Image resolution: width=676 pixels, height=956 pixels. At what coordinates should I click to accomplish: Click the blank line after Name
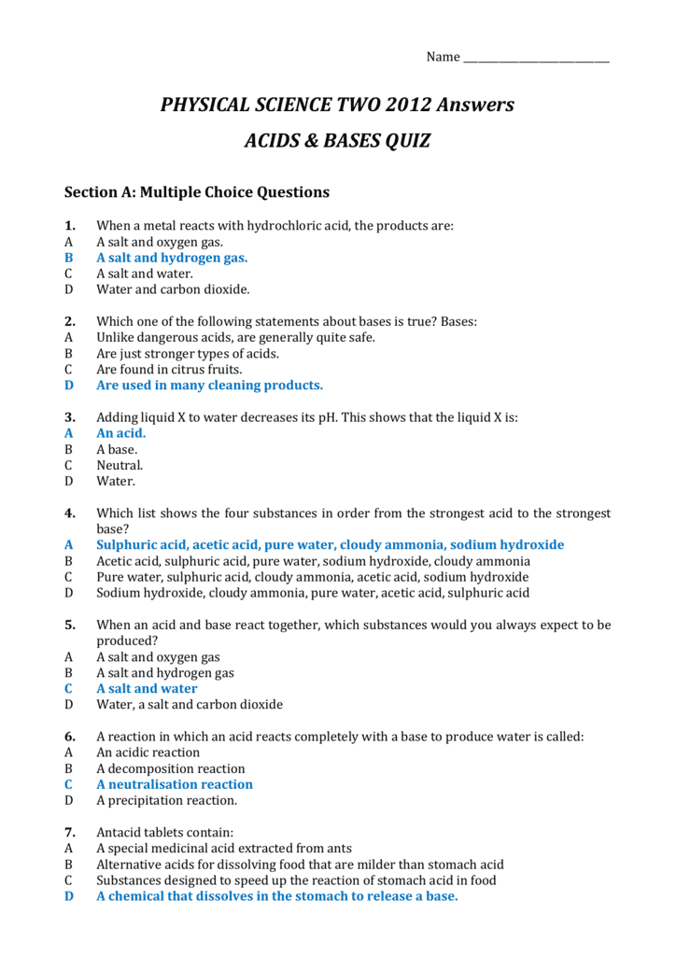point(536,59)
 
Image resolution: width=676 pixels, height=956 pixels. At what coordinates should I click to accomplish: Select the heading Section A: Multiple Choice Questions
point(197,192)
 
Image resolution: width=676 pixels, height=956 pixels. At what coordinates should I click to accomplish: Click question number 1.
point(70,226)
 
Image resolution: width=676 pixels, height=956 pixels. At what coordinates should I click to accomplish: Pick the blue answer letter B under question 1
point(68,258)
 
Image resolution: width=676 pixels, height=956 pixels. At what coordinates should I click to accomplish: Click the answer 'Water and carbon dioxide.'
point(174,289)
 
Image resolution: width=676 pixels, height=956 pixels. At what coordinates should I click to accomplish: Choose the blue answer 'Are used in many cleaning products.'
point(210,385)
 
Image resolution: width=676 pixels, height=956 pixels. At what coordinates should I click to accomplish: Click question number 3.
point(70,417)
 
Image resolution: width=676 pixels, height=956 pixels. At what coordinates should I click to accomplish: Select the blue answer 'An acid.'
point(121,433)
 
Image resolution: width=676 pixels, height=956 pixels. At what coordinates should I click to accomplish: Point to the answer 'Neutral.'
point(120,465)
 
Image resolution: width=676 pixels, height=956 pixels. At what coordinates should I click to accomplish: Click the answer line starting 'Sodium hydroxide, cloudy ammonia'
point(313,593)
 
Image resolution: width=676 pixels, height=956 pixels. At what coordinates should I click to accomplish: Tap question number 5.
point(70,625)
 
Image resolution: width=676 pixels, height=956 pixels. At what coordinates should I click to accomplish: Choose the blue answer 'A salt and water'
point(148,689)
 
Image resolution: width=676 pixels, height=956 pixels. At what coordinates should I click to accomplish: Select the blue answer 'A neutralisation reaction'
point(175,784)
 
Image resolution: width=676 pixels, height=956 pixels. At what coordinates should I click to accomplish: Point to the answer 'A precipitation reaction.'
point(167,800)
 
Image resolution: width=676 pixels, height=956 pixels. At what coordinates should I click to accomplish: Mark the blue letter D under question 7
point(68,896)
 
